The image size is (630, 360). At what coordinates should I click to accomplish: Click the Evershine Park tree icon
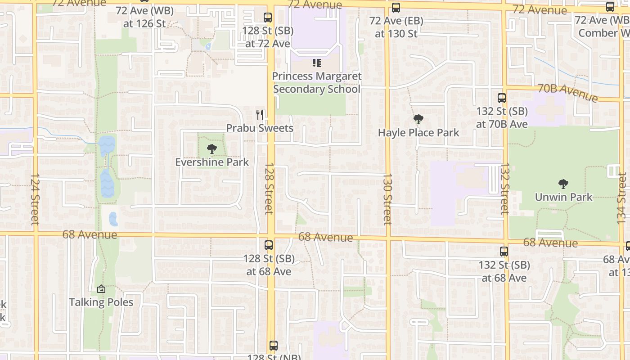point(211,149)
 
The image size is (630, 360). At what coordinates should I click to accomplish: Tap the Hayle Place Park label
point(418,133)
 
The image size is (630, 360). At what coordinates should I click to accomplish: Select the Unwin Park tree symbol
point(563,184)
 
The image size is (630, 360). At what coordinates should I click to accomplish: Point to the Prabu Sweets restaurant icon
point(260,115)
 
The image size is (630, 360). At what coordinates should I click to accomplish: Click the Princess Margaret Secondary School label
point(317,82)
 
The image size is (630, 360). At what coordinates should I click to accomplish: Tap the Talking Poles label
point(101,302)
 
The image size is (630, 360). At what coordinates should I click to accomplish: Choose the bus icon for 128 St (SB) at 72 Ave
point(268,18)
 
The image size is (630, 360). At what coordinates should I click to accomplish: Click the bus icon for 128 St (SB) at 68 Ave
point(269,245)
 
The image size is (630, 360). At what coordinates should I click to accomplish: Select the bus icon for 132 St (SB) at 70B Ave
point(501,98)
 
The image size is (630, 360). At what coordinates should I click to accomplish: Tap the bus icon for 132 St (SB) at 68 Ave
point(504,252)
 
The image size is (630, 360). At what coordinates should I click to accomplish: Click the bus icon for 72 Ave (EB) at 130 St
point(396,8)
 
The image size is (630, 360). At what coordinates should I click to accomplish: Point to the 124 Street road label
point(35,199)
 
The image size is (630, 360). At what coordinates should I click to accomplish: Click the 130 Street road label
point(387,199)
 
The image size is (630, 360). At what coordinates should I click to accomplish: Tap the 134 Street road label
point(622,198)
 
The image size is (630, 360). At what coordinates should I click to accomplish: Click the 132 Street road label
point(504,188)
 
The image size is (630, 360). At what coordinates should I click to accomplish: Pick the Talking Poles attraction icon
point(101,289)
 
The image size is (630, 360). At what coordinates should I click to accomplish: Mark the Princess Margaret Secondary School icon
point(317,63)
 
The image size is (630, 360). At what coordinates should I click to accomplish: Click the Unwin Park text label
point(563,197)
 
